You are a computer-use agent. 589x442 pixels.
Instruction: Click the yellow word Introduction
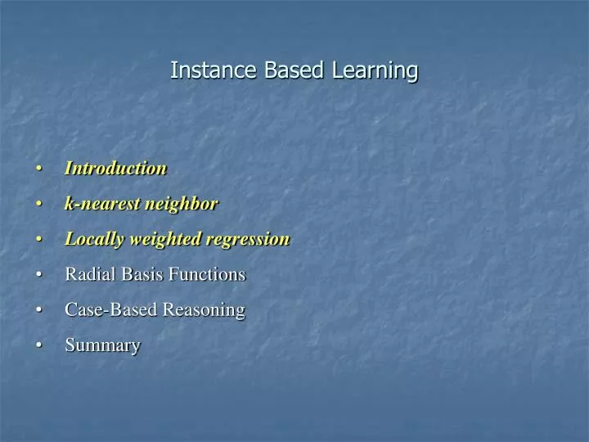pyautogui.click(x=115, y=169)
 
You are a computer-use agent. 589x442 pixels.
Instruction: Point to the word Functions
pyautogui.click(x=207, y=274)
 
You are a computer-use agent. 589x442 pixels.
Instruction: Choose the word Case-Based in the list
pyautogui.click(x=111, y=310)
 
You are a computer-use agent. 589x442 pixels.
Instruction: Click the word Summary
pyautogui.click(x=102, y=345)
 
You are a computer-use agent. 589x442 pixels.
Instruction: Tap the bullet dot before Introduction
pyautogui.click(x=39, y=169)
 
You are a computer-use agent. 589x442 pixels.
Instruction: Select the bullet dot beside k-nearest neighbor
pyautogui.click(x=39, y=205)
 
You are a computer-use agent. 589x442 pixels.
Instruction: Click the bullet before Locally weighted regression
pyautogui.click(x=39, y=240)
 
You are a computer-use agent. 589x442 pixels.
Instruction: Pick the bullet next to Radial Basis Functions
pyautogui.click(x=39, y=275)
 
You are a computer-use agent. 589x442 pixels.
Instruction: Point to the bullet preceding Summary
pyautogui.click(x=39, y=346)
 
